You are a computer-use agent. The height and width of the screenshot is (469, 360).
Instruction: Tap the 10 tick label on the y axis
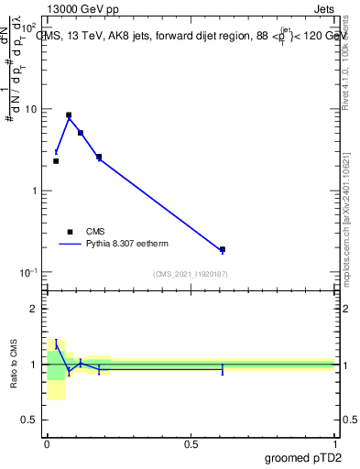tap(31, 110)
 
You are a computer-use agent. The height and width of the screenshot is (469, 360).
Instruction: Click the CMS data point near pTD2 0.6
tap(222, 249)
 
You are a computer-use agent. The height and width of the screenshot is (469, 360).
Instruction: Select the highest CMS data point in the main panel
tap(69, 115)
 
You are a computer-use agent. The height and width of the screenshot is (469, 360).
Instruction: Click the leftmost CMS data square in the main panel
tap(56, 161)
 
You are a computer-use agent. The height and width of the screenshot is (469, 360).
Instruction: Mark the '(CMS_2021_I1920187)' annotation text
tap(190, 274)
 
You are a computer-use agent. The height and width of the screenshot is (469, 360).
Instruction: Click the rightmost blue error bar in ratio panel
tap(222, 369)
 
